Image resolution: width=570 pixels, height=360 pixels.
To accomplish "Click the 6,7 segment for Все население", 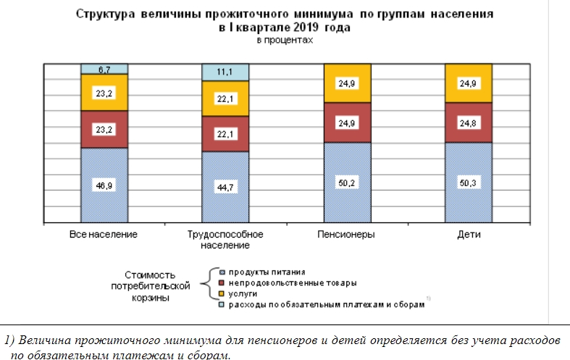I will tap(104, 69).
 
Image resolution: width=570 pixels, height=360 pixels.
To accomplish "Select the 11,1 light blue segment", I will tap(225, 72).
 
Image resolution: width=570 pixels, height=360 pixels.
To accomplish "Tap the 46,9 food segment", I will tap(104, 185).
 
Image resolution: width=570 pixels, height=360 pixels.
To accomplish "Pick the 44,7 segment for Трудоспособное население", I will tap(225, 187).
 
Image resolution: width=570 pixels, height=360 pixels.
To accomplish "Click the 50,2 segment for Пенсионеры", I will tap(347, 183).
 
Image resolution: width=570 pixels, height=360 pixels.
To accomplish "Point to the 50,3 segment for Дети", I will tap(469, 183).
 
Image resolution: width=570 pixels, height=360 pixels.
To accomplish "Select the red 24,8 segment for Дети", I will tap(469, 122).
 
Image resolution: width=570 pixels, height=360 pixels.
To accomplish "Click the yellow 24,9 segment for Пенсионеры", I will tap(347, 83).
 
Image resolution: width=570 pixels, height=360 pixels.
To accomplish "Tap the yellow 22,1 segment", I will tap(225, 99).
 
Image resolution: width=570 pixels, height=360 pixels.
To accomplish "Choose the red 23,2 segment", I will tap(104, 129).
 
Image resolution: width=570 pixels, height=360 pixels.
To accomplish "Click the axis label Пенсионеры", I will tap(346, 235).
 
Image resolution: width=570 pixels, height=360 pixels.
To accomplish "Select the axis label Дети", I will tap(469, 235).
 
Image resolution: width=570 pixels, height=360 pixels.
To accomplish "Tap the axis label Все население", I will tap(104, 235).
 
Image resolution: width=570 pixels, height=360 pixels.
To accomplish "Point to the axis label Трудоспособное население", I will tap(225, 240).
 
